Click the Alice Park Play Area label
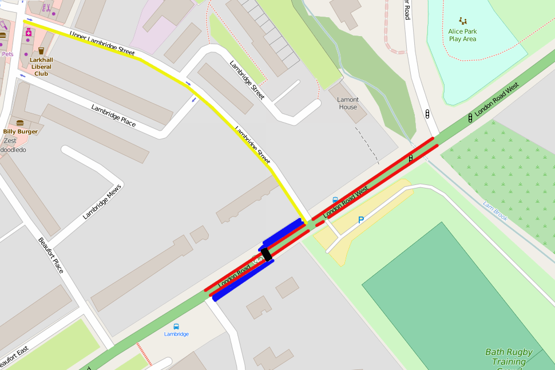click(x=463, y=35)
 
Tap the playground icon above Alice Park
click(x=463, y=21)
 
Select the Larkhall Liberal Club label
click(x=41, y=66)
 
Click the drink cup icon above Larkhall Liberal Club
click(x=41, y=51)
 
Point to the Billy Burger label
click(x=21, y=132)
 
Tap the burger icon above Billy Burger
click(x=21, y=123)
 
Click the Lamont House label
click(x=348, y=103)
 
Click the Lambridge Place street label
click(x=113, y=115)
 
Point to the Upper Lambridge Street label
click(x=102, y=43)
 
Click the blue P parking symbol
click(x=360, y=220)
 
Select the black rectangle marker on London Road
click(x=266, y=255)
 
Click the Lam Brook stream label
click(x=495, y=211)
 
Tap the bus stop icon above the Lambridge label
click(x=176, y=326)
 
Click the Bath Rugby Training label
click(x=509, y=357)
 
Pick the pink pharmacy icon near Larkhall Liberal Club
click(x=28, y=33)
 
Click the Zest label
click(x=10, y=140)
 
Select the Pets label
click(x=7, y=54)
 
